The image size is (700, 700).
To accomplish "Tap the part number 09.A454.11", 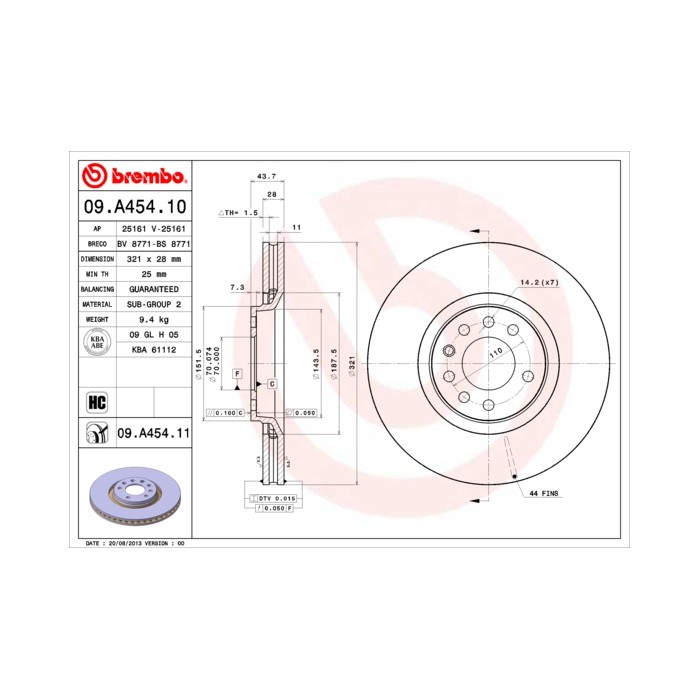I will (x=153, y=433).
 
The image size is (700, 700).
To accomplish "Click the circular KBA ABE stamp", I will (x=96, y=342).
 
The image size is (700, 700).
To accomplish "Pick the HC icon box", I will (x=97, y=403).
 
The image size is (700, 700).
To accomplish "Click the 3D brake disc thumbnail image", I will (x=134, y=497).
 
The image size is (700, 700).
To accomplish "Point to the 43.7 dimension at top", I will (x=266, y=175).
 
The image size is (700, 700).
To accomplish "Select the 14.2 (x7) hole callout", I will (x=538, y=283).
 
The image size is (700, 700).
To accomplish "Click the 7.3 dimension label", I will (x=236, y=287).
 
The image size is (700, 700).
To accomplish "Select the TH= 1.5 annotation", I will (x=240, y=213).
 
